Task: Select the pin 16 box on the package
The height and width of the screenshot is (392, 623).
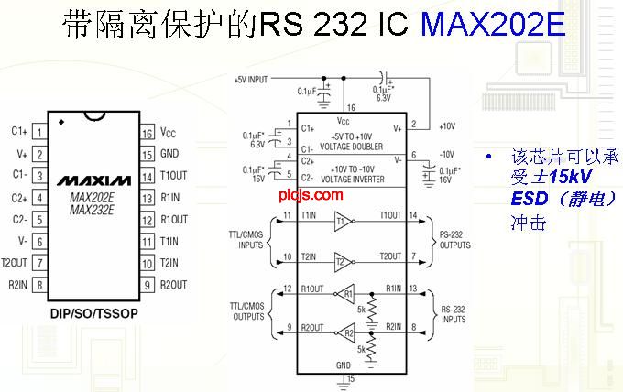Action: point(147,133)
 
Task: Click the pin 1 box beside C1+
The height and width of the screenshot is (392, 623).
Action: point(38,133)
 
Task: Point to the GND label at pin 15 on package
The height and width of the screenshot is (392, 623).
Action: point(169,154)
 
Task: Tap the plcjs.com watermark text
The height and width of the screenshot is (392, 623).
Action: point(318,194)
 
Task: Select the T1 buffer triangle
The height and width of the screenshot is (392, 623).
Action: point(341,221)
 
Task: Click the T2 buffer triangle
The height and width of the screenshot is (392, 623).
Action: point(341,259)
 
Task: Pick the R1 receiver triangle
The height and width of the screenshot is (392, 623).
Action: point(347,295)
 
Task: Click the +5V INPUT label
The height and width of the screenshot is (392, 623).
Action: point(251,80)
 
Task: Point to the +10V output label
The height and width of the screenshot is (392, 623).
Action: point(447,126)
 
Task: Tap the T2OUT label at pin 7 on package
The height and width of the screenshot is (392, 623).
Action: point(16,262)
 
